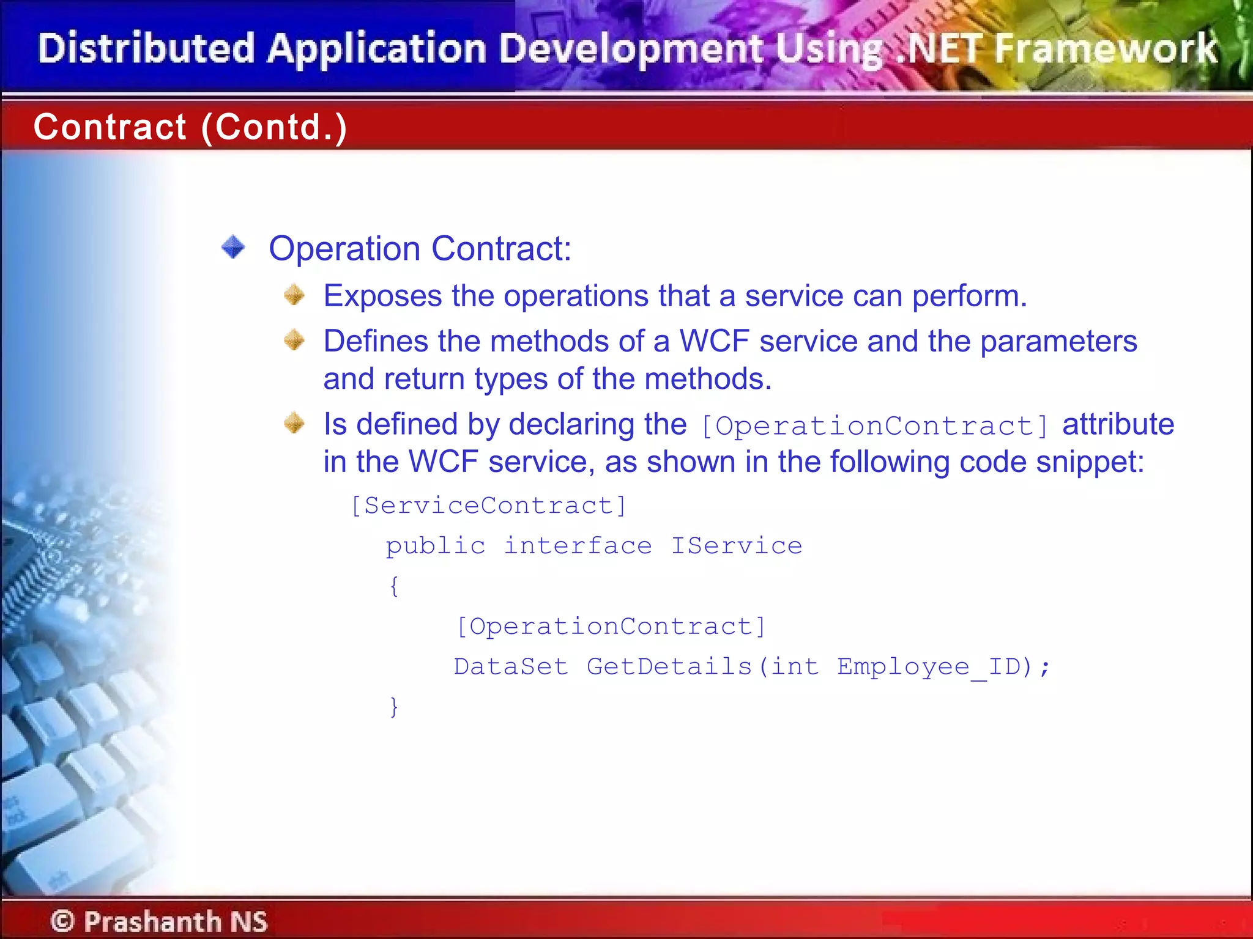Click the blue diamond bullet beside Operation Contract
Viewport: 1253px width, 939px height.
click(233, 248)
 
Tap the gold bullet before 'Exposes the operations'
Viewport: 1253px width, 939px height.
click(294, 295)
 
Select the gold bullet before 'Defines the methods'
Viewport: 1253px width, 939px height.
click(294, 340)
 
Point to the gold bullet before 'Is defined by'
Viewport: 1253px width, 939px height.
click(294, 423)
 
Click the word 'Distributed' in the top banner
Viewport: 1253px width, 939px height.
click(146, 49)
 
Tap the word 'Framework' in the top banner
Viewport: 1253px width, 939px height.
click(1106, 49)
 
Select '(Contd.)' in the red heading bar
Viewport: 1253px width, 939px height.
click(274, 127)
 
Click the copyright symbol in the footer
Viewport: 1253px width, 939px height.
click(62, 921)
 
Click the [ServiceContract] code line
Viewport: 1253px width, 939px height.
click(489, 506)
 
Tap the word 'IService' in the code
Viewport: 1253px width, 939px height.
click(737, 545)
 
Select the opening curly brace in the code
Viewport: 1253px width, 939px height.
click(395, 586)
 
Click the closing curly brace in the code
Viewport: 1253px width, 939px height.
click(395, 706)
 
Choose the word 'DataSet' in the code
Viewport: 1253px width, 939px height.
click(511, 666)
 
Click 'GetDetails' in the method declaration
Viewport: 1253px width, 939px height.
click(669, 666)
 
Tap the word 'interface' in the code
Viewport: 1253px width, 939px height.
click(578, 545)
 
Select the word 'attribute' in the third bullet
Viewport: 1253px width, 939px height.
click(1118, 424)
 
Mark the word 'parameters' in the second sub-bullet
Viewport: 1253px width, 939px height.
click(1058, 341)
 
